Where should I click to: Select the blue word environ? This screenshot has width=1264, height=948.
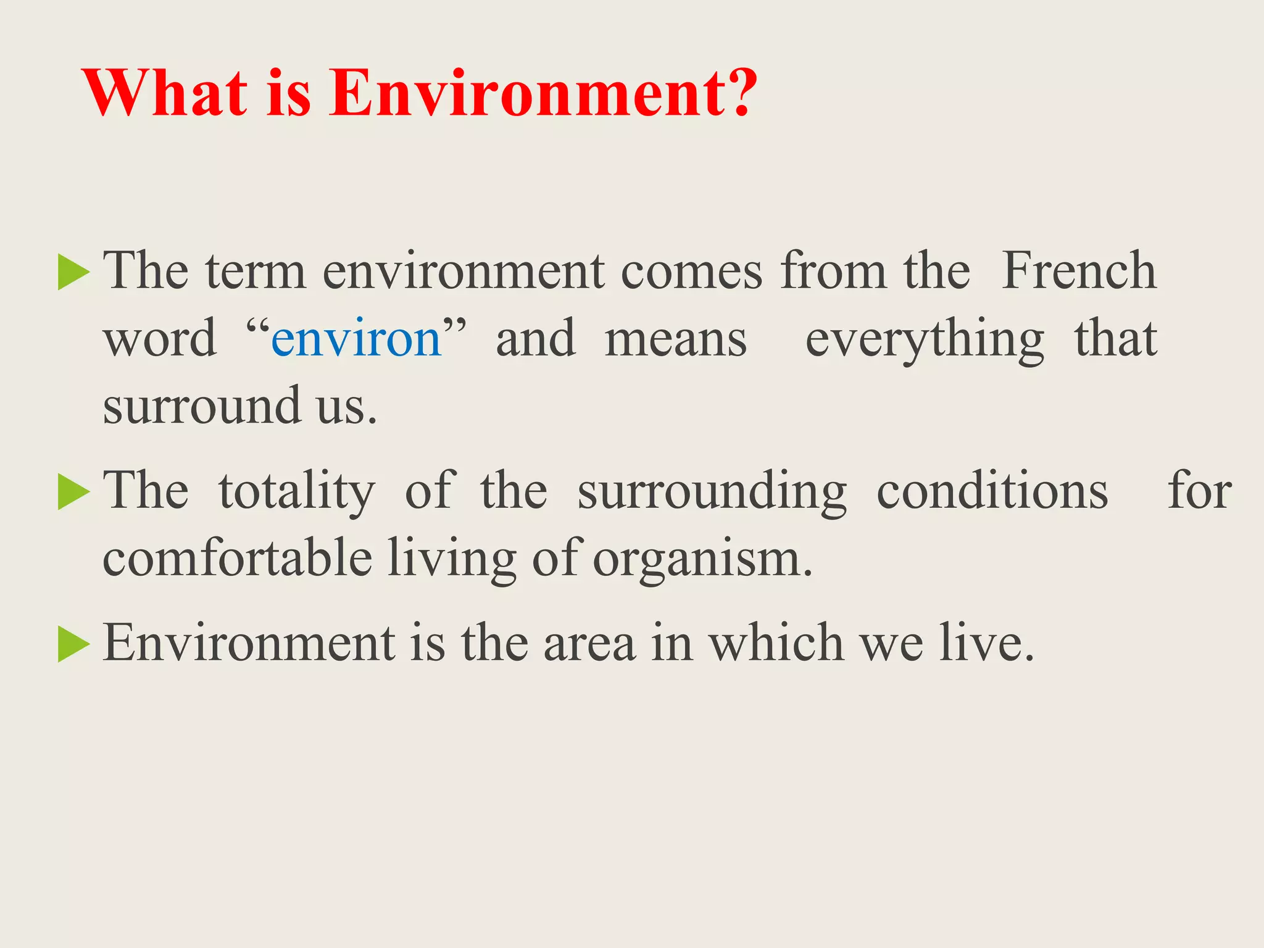(x=356, y=339)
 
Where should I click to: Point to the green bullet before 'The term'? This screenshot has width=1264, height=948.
(x=73, y=272)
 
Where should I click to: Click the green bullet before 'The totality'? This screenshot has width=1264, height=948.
(x=73, y=492)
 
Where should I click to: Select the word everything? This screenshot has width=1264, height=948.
(x=924, y=339)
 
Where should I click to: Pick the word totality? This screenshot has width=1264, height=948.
(x=296, y=492)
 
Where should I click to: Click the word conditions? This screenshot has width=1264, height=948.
(x=992, y=492)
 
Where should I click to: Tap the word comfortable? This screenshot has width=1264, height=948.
(x=237, y=558)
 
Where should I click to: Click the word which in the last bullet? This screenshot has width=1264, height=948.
(x=775, y=643)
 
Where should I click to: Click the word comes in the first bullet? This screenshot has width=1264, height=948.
(x=691, y=272)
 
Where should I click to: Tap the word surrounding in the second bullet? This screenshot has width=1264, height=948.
(x=712, y=492)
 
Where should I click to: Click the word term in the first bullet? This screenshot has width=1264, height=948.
(x=256, y=272)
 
